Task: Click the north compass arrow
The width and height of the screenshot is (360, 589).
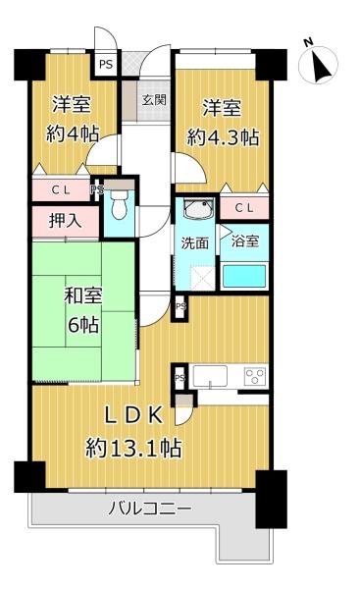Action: click(320, 66)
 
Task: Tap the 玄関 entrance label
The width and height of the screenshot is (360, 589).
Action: click(154, 100)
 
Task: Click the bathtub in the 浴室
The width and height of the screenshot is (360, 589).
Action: click(244, 276)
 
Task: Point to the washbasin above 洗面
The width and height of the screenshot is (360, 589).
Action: click(198, 208)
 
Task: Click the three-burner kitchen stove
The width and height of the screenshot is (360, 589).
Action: click(255, 376)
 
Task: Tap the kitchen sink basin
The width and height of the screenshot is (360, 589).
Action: click(210, 376)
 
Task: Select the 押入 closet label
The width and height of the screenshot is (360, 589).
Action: click(66, 221)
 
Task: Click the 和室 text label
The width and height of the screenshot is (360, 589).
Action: click(83, 296)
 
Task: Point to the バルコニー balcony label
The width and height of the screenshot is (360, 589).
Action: click(150, 509)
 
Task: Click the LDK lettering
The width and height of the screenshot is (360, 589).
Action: click(133, 415)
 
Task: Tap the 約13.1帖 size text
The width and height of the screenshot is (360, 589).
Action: click(133, 448)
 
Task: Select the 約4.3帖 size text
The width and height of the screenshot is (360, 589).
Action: click(223, 136)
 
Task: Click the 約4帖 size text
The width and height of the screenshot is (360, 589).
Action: click(73, 133)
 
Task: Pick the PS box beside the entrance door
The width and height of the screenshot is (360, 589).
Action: click(106, 64)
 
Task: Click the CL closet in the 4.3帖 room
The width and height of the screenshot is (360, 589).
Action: click(244, 208)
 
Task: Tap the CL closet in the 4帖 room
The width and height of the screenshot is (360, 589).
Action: click(61, 190)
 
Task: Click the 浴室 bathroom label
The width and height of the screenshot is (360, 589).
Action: click(245, 241)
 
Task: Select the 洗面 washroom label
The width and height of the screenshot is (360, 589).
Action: click(194, 243)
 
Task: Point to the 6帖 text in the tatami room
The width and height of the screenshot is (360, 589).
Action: click(83, 325)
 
